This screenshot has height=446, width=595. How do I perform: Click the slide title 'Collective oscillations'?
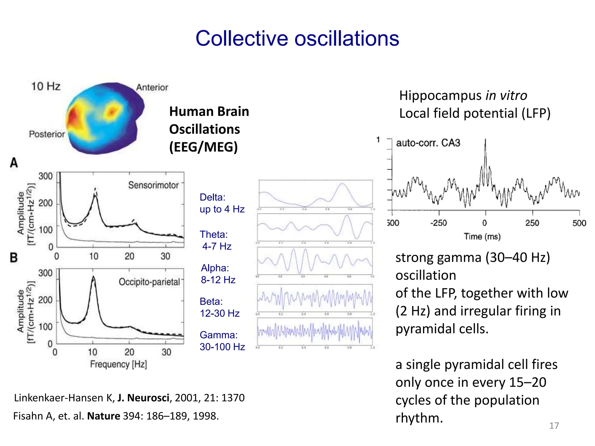click(x=297, y=38)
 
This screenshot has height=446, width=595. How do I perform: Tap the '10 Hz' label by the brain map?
click(x=46, y=86)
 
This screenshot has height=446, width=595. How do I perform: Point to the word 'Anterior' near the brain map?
click(x=152, y=87)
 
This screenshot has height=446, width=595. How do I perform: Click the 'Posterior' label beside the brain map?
click(x=47, y=134)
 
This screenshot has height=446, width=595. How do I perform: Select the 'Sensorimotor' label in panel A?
click(x=153, y=185)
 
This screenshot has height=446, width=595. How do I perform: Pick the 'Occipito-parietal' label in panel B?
click(x=149, y=282)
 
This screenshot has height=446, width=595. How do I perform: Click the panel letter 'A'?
click(x=14, y=163)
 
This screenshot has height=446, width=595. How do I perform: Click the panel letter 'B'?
click(x=14, y=258)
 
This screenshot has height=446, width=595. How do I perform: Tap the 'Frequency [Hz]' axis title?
click(x=119, y=364)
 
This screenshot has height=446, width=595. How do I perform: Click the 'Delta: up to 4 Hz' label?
click(x=222, y=203)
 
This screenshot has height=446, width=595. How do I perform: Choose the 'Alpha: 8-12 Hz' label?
click(x=218, y=274)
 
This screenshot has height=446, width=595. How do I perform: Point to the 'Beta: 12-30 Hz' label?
click(x=219, y=307)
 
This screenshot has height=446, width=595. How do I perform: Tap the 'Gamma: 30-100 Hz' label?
click(x=222, y=341)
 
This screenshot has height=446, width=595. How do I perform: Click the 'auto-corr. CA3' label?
click(x=428, y=143)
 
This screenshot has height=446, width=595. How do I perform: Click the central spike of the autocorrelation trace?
click(x=485, y=142)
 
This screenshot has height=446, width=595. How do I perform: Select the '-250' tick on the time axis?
click(x=439, y=223)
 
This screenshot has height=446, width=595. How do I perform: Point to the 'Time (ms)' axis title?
click(x=482, y=237)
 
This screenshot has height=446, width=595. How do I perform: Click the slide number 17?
click(x=554, y=426)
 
